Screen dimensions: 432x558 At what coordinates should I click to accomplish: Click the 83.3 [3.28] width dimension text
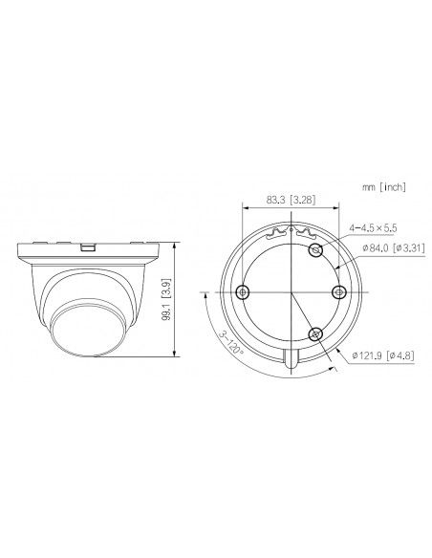pyautogui.click(x=291, y=200)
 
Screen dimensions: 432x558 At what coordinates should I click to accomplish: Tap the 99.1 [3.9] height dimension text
pyautogui.click(x=166, y=300)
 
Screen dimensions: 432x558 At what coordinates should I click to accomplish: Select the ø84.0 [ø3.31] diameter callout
pyautogui.click(x=394, y=247)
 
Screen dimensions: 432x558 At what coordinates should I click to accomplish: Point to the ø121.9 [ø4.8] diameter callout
pyautogui.click(x=383, y=355)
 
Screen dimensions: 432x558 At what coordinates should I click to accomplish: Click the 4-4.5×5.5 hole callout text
pyautogui.click(x=373, y=227)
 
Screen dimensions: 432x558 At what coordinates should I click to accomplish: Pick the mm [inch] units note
pyautogui.click(x=384, y=187)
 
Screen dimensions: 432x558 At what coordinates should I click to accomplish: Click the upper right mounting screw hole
pyautogui.click(x=316, y=250)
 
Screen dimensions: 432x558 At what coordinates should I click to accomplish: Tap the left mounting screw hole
pyautogui.click(x=243, y=292)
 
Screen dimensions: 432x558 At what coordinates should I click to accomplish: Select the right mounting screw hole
pyautogui.click(x=338, y=292)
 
